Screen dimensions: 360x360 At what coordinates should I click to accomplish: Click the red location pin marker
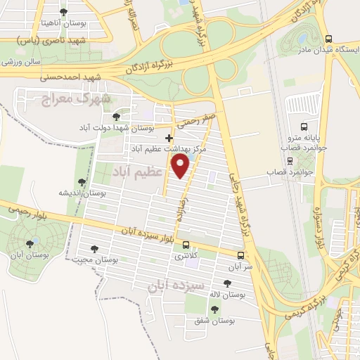pos(181,166)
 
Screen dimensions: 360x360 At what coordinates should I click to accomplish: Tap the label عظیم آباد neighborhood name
pos(139,170)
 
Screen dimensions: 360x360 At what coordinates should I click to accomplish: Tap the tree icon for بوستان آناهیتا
pos(64,13)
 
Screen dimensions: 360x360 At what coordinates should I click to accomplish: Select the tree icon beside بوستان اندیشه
pos(82,181)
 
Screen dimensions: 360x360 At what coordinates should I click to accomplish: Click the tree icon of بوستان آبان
pos(30,244)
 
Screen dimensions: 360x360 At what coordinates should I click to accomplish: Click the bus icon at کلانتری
pos(186,245)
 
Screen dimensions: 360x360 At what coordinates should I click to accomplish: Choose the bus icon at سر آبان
pos(241,255)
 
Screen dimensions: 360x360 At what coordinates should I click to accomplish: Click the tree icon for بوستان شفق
pos(214,309)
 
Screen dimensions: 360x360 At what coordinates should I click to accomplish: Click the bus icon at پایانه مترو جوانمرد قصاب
pos(303,127)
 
